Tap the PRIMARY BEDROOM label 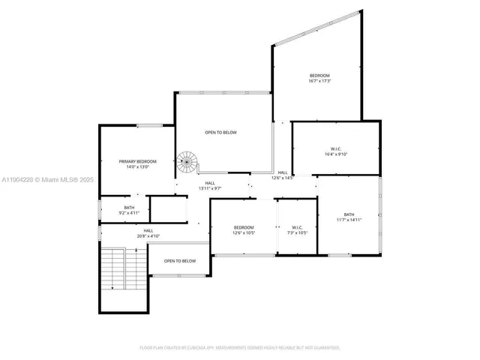137,162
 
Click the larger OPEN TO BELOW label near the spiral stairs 220,133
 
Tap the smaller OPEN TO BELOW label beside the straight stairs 180,261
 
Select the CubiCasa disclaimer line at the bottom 240,348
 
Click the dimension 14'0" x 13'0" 137,168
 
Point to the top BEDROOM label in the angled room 320,76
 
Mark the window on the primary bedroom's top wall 148,125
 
